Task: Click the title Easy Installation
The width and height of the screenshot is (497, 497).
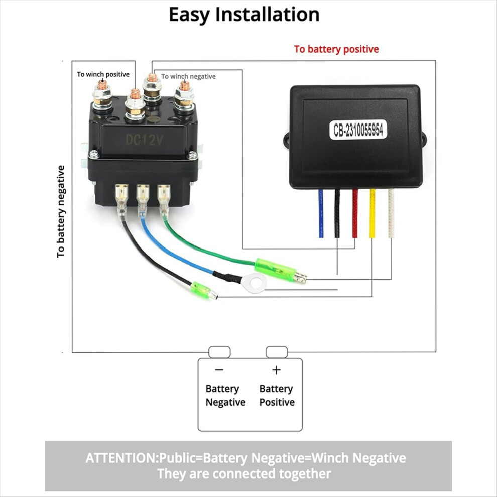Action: coord(244,15)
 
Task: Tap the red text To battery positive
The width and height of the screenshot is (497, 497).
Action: coord(336,49)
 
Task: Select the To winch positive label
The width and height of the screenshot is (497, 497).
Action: coord(103,74)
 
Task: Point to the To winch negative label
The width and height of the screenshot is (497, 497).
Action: coord(188,76)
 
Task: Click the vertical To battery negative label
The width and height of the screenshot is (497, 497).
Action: coord(61,211)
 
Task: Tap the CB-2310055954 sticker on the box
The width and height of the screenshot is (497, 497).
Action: coord(358,130)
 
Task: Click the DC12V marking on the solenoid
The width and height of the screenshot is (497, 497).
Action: coord(144,140)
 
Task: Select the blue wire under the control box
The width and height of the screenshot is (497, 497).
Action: coord(321,213)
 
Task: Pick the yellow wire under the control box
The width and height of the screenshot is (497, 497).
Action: coord(372,213)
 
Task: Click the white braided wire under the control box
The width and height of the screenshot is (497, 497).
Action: coord(391,213)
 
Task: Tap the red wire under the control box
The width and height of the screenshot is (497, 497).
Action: coord(355,213)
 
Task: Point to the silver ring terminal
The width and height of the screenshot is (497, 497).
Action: coord(254,283)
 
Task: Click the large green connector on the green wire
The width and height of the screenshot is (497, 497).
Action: coord(275,270)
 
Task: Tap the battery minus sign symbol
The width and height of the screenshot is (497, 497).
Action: coord(219,370)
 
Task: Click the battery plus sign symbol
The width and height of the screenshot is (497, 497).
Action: coord(277,370)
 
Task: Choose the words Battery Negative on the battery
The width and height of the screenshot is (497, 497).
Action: coord(225,395)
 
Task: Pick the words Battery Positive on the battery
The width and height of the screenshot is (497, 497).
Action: coord(277,395)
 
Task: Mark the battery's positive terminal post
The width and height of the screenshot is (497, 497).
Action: coord(277,352)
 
